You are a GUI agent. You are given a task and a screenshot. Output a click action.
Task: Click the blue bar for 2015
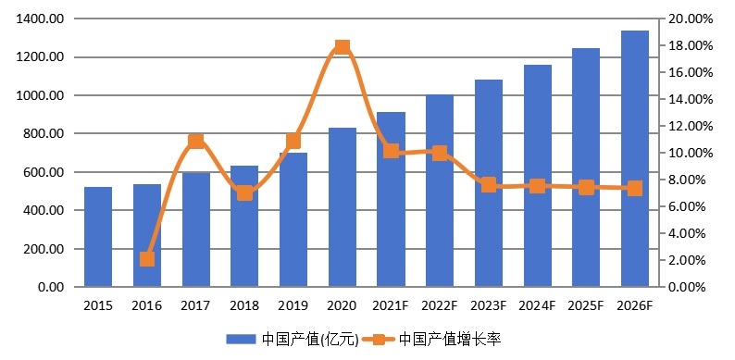click(98, 237)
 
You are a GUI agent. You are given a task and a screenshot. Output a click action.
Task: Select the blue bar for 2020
click(343, 207)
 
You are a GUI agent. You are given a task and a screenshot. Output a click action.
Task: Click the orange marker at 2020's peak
click(343, 47)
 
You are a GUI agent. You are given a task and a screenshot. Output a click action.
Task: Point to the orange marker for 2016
click(147, 259)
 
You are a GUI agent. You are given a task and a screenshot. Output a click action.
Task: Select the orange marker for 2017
click(196, 142)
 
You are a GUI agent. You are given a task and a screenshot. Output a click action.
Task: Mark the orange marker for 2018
click(244, 192)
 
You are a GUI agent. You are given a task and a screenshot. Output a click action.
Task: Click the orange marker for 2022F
click(440, 153)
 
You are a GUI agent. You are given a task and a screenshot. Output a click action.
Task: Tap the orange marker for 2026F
click(634, 188)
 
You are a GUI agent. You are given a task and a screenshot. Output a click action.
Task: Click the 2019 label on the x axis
click(293, 304)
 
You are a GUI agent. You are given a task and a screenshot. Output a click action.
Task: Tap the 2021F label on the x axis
click(391, 304)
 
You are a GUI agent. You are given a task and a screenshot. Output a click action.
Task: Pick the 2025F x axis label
click(586, 304)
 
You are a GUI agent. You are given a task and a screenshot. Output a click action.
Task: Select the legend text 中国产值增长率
click(450, 339)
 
